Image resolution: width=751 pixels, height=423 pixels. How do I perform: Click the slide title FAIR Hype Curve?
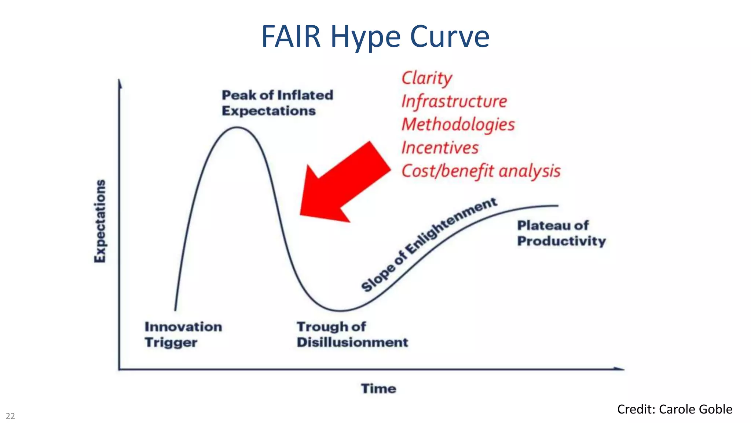pyautogui.click(x=375, y=37)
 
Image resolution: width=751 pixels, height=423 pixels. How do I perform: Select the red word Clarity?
pyautogui.click(x=427, y=78)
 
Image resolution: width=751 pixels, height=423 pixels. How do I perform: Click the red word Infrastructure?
pyautogui.click(x=454, y=101)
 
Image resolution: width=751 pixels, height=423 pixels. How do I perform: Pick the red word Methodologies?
pyautogui.click(x=458, y=124)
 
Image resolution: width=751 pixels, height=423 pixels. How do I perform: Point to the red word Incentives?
pyautogui.click(x=440, y=148)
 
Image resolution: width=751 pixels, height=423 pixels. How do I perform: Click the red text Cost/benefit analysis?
pyautogui.click(x=481, y=171)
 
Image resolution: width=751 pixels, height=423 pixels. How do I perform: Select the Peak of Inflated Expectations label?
pyautogui.click(x=277, y=103)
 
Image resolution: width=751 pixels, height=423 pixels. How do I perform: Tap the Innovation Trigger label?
pyautogui.click(x=183, y=334)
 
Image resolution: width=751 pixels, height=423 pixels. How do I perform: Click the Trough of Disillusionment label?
pyautogui.click(x=352, y=334)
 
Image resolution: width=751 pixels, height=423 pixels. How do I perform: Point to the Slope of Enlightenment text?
pyautogui.click(x=429, y=244)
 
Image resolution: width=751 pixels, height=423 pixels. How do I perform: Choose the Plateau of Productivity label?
pyautogui.click(x=561, y=233)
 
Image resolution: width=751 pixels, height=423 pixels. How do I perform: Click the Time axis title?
pyautogui.click(x=378, y=388)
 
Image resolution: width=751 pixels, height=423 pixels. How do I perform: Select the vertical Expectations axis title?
pyautogui.click(x=100, y=221)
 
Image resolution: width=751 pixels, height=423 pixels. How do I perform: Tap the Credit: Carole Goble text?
pyautogui.click(x=674, y=409)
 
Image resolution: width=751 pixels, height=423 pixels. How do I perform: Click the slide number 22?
pyautogui.click(x=10, y=416)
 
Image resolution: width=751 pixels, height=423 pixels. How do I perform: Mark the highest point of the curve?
pyautogui.click(x=237, y=127)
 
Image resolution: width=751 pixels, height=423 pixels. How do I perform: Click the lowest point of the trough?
pyautogui.click(x=341, y=311)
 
